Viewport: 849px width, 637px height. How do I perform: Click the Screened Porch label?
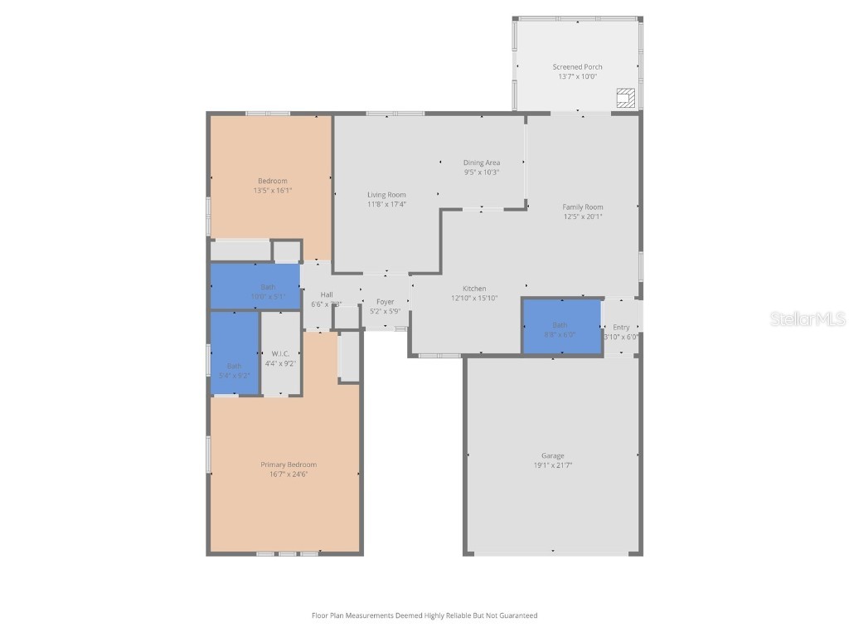tap(577, 67)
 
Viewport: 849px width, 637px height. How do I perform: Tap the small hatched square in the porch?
tap(627, 98)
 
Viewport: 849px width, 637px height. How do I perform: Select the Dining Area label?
tap(481, 163)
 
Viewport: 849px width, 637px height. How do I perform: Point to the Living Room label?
tap(386, 195)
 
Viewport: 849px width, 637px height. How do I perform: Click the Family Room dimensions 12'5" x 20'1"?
tap(583, 216)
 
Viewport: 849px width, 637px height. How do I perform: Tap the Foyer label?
tap(385, 302)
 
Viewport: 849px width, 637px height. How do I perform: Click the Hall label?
tap(327, 294)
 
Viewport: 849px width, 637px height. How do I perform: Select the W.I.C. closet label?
tap(280, 353)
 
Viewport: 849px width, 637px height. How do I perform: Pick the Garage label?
tap(553, 455)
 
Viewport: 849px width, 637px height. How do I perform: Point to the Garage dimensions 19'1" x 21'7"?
tap(553, 465)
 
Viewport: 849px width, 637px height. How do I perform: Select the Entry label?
tap(621, 327)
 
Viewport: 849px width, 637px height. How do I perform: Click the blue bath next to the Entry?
tap(561, 326)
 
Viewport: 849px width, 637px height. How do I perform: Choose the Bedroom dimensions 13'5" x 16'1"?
tap(273, 191)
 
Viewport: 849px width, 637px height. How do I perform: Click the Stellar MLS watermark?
tap(808, 319)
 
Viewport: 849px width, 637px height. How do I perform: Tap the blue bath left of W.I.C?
tap(235, 353)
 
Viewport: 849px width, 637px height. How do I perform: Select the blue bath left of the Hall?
tap(255, 286)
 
